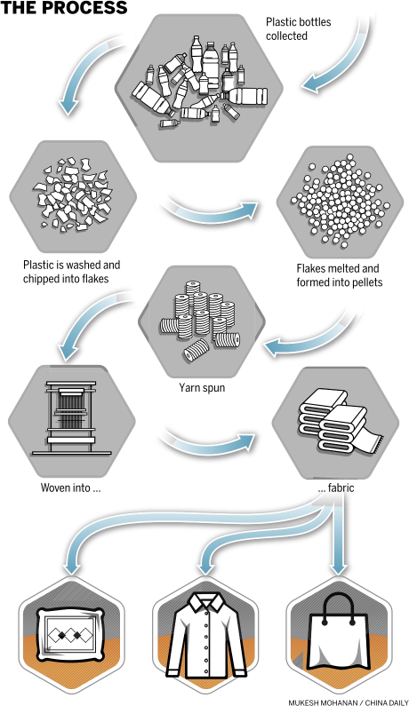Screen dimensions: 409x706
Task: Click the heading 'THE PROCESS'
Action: tap(64, 7)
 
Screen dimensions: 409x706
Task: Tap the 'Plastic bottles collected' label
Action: tap(298, 28)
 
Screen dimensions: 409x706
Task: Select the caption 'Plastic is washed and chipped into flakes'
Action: tap(72, 272)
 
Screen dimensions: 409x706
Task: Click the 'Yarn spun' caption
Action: tap(202, 387)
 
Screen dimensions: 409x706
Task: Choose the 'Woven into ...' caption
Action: tap(70, 488)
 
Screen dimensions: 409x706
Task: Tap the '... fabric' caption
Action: tap(336, 488)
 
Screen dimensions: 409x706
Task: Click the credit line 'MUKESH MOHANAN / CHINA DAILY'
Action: tap(349, 702)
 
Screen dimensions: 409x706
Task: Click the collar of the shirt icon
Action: tap(205, 602)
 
